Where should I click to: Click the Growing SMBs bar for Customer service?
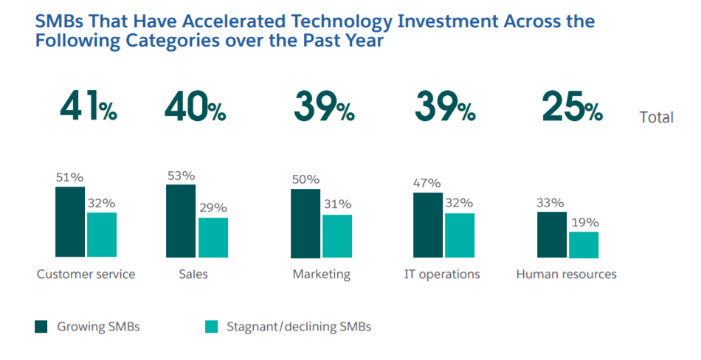(x=70, y=221)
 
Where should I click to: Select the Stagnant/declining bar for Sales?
(x=213, y=237)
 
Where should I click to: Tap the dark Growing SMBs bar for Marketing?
(x=305, y=224)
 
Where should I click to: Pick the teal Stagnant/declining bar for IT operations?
(x=459, y=235)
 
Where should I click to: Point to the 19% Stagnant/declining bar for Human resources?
(x=584, y=244)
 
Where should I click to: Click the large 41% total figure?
(x=88, y=108)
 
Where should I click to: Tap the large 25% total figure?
(x=572, y=108)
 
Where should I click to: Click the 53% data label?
(x=181, y=176)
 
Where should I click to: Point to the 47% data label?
(x=427, y=183)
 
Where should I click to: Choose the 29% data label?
(x=213, y=208)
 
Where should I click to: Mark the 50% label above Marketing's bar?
(x=305, y=179)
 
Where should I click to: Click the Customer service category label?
(x=86, y=274)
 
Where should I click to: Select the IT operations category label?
(x=442, y=274)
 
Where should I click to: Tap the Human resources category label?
(x=566, y=274)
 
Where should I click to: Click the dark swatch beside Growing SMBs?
(x=41, y=326)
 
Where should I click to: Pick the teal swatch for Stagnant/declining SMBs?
(x=210, y=326)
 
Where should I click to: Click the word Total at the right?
(x=657, y=117)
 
